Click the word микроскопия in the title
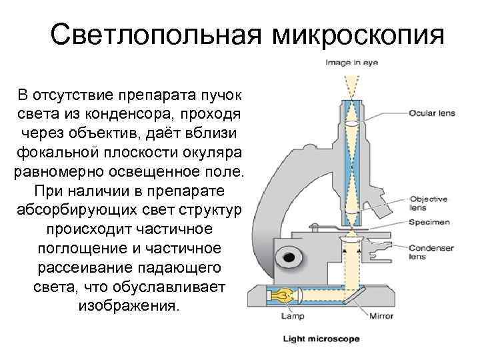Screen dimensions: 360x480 [357, 35]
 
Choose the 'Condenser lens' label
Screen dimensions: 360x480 [431, 252]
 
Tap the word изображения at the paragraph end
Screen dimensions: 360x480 [129, 307]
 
